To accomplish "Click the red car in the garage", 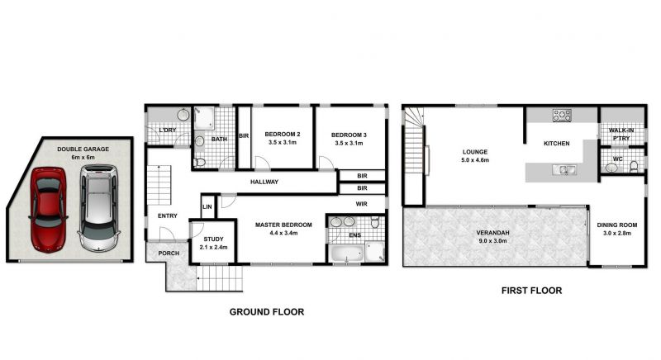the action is pyautogui.click(x=49, y=209).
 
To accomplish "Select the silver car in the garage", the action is pyautogui.click(x=98, y=207).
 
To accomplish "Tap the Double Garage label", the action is pyautogui.click(x=83, y=149).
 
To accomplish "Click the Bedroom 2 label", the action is pyautogui.click(x=283, y=135).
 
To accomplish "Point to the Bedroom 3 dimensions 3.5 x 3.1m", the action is pyautogui.click(x=349, y=143).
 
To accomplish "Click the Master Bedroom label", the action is pyautogui.click(x=283, y=225).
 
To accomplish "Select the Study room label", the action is pyautogui.click(x=213, y=239).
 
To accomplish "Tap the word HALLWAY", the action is pyautogui.click(x=264, y=182).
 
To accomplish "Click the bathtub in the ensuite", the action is pyautogui.click(x=346, y=253).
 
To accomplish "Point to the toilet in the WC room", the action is pyautogui.click(x=634, y=167).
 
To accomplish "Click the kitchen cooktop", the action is pyautogui.click(x=562, y=116).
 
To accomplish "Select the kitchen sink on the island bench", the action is pyautogui.click(x=564, y=170).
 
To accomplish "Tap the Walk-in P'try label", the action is pyautogui.click(x=621, y=135).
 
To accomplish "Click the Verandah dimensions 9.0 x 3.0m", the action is pyautogui.click(x=492, y=241).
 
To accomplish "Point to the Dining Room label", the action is pyautogui.click(x=616, y=225).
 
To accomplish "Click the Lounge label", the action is pyautogui.click(x=474, y=152).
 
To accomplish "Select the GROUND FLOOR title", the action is pyautogui.click(x=267, y=312).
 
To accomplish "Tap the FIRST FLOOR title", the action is pyautogui.click(x=531, y=291).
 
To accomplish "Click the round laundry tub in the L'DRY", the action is pyautogui.click(x=183, y=114).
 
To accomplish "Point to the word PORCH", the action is pyautogui.click(x=169, y=253).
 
